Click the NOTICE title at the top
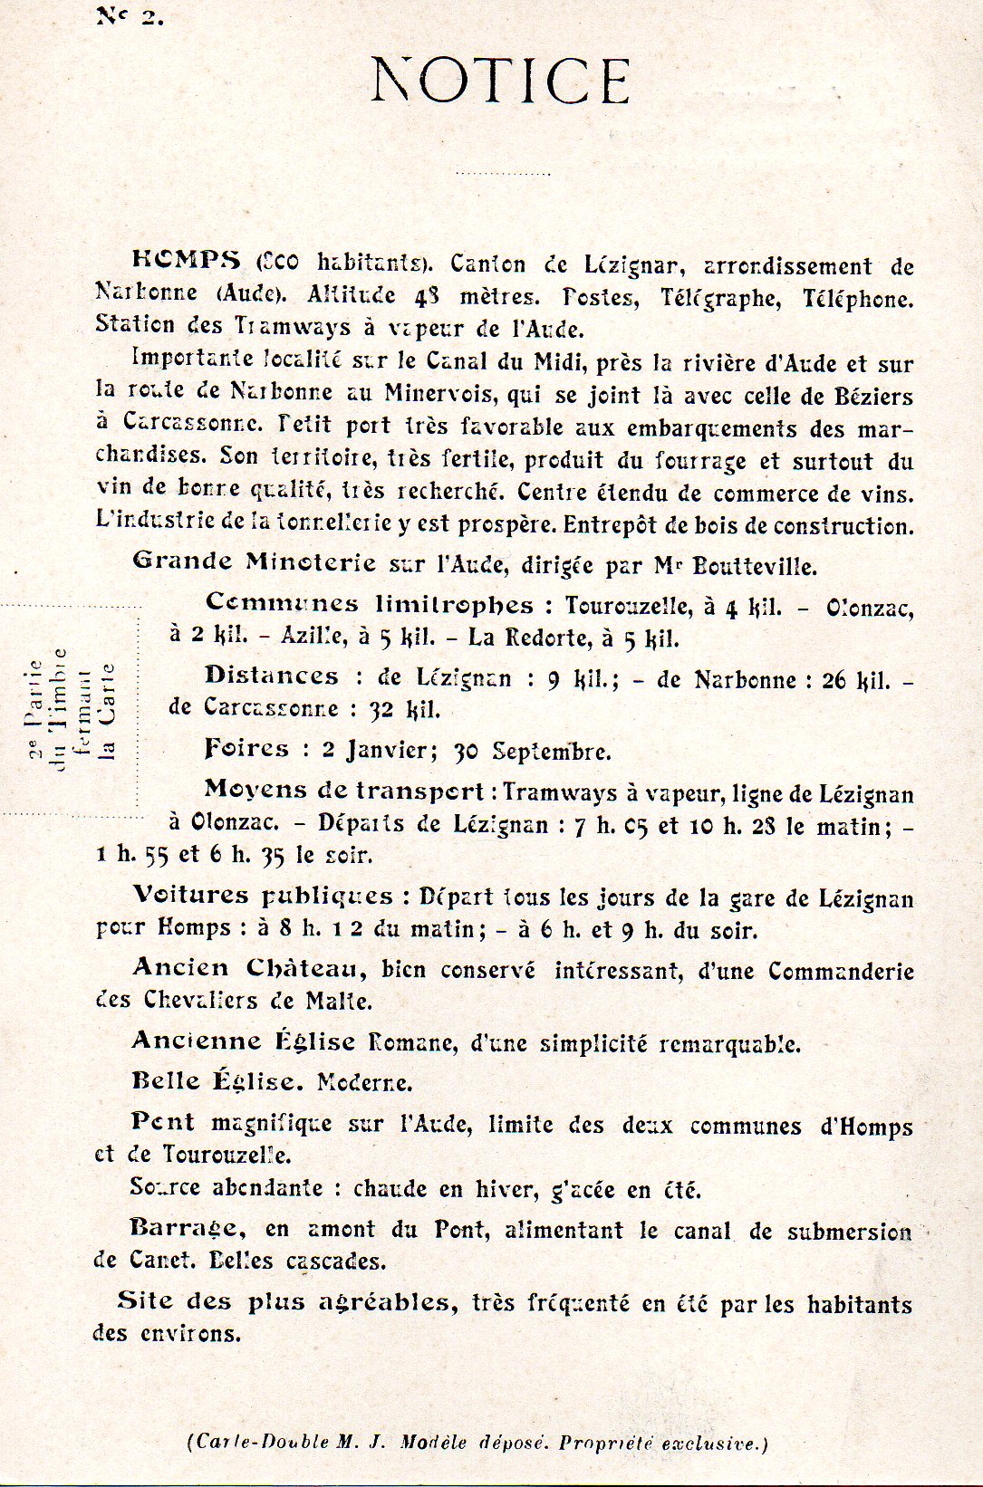(x=500, y=82)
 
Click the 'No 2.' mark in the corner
(x=130, y=16)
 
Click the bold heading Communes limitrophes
(x=370, y=604)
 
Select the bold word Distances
(x=272, y=676)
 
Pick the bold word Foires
(x=247, y=749)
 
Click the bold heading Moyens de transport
(x=343, y=791)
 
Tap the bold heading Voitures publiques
(x=263, y=896)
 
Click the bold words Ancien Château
(x=248, y=968)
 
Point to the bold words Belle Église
(x=214, y=1081)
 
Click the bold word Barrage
(x=187, y=1229)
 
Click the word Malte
(x=340, y=1002)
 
